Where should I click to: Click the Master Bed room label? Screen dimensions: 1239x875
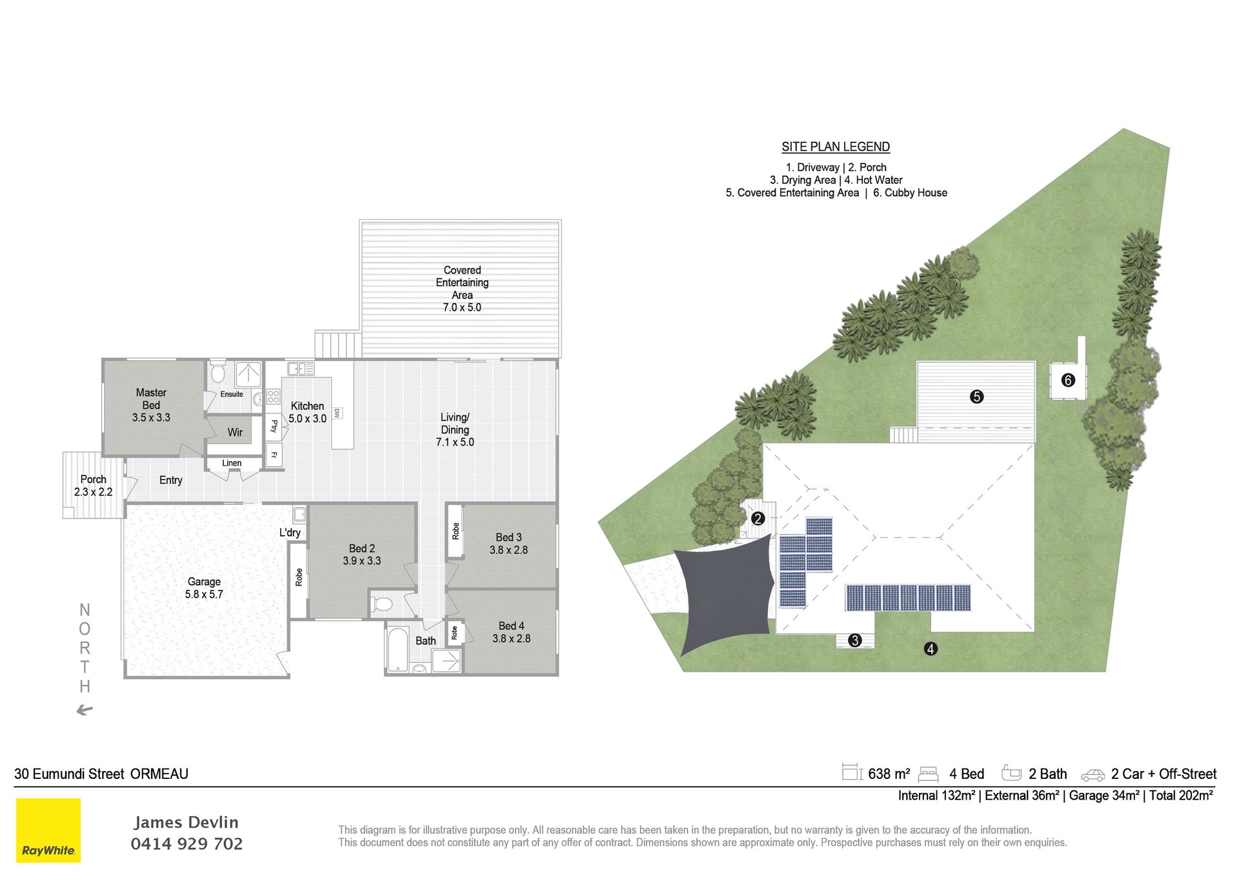click(151, 405)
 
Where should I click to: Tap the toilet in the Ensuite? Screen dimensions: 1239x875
click(218, 372)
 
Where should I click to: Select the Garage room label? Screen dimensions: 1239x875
click(204, 587)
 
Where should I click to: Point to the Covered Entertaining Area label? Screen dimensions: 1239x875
click(462, 288)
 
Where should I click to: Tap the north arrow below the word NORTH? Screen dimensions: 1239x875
click(85, 710)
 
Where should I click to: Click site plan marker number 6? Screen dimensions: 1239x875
click(1068, 380)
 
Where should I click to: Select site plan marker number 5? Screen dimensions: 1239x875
click(976, 397)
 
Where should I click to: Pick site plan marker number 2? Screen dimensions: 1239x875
click(758, 518)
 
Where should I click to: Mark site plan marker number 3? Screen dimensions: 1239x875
click(855, 640)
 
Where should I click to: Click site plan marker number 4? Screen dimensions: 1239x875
click(930, 649)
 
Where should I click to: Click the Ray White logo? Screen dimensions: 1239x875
click(48, 831)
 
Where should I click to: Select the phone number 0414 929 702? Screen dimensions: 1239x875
click(186, 844)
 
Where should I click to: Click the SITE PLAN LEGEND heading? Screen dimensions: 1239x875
click(836, 147)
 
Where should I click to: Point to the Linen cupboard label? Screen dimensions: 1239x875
click(232, 463)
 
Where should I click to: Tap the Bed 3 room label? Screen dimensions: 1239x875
click(509, 544)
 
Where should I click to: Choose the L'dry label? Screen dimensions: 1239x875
click(290, 533)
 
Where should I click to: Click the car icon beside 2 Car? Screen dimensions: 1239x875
click(1093, 775)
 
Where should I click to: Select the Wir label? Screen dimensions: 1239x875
click(235, 433)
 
